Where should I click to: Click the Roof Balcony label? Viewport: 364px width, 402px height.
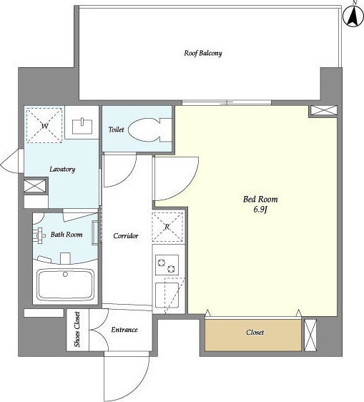click(203, 54)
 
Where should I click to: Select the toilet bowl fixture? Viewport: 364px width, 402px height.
click(149, 130)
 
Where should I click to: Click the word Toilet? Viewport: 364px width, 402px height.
click(116, 129)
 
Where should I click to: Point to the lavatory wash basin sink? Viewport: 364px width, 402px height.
click(82, 126)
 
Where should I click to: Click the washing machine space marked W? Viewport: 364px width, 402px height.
click(44, 125)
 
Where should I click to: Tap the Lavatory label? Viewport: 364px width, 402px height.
click(62, 170)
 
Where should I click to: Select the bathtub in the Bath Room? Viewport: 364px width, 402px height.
click(65, 284)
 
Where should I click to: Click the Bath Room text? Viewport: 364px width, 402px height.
click(67, 235)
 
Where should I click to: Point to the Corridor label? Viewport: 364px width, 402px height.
click(126, 235)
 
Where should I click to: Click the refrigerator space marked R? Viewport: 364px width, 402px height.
click(167, 227)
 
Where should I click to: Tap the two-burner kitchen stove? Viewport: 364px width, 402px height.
click(167, 265)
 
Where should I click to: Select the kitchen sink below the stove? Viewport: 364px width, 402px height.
click(167, 295)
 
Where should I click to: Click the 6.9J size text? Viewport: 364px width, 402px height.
click(260, 210)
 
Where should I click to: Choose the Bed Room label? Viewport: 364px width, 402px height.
click(260, 199)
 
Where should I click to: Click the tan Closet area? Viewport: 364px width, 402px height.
click(253, 335)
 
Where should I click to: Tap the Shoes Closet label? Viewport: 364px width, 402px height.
click(77, 330)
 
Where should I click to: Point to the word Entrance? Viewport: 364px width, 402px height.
click(124, 330)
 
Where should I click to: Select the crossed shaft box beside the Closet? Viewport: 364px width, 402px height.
click(310, 335)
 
